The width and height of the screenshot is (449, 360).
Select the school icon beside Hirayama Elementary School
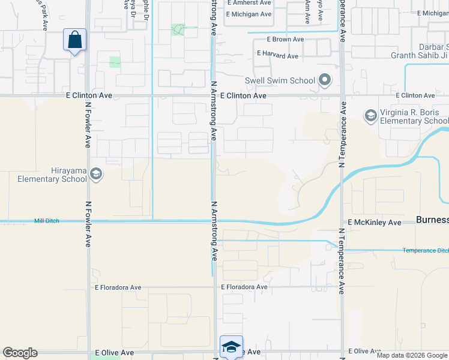95,174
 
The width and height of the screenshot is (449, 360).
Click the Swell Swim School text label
280,80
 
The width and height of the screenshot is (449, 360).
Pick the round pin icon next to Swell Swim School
325,79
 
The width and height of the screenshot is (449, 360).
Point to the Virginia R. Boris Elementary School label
414,116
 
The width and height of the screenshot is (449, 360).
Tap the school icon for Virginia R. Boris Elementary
370,115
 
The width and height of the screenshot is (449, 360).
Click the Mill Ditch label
47,221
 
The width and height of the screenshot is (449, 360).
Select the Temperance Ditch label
425,250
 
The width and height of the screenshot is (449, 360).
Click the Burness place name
432,220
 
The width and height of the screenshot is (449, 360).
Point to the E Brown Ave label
286,40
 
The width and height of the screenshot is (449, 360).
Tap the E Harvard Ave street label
277,56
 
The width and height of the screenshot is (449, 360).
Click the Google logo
20,353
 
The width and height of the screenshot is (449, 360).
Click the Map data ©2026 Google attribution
412,355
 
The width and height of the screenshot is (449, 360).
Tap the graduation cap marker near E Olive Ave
231,346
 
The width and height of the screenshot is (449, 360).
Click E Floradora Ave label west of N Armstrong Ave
118,287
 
